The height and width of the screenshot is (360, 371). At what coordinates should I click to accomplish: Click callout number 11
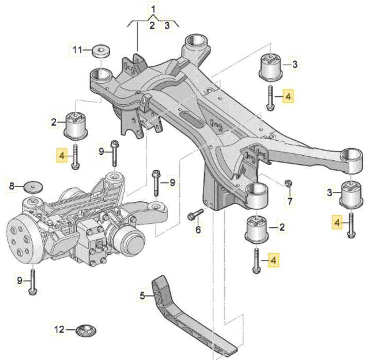coord(77,50)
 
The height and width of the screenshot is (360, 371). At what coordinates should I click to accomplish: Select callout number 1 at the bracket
coord(154,8)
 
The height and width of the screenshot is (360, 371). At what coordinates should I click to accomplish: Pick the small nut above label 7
coord(289,183)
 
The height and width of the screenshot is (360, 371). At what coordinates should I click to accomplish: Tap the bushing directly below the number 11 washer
coord(77,125)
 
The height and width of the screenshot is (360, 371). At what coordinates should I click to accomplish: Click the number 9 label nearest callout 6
coord(172,182)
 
